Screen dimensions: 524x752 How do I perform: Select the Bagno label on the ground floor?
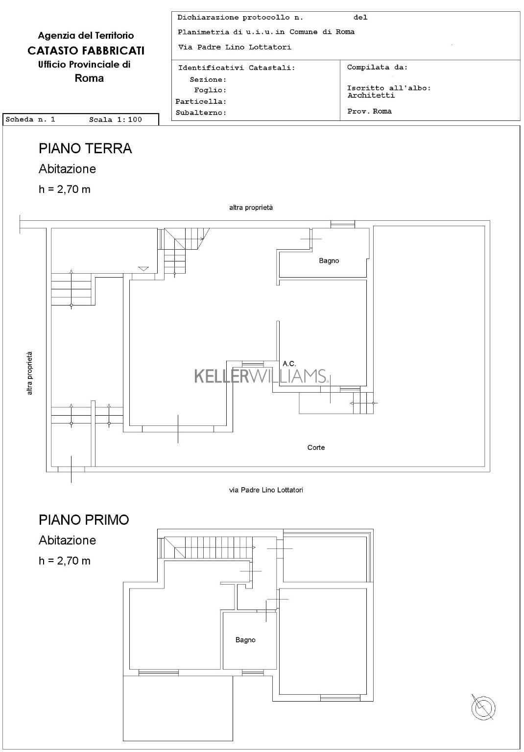pos(329,260)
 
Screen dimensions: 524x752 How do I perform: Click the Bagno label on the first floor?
pos(245,640)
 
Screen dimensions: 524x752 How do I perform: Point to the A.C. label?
pos(289,364)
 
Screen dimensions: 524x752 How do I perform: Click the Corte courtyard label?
pos(316,447)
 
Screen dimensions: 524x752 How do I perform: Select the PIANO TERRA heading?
pos(85,148)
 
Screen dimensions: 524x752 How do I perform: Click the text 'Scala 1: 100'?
pos(116,119)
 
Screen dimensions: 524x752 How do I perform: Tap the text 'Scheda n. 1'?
pos(30,119)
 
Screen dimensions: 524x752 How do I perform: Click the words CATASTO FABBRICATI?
pos(86,51)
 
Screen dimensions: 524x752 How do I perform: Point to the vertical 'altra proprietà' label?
pos(29,373)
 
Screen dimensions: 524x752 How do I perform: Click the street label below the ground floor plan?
pos(266,490)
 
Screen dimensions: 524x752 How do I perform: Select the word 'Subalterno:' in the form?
pos(201,113)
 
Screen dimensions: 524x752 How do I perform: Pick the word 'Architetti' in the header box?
pos(371,95)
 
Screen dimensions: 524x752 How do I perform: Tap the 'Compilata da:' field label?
pos(377,67)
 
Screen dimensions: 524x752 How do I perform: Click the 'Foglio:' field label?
pos(210,90)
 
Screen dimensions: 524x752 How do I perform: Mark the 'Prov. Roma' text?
pos(369,111)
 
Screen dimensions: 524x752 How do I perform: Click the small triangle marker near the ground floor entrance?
pos(143,269)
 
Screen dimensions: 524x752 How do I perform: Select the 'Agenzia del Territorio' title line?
pos(86,35)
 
